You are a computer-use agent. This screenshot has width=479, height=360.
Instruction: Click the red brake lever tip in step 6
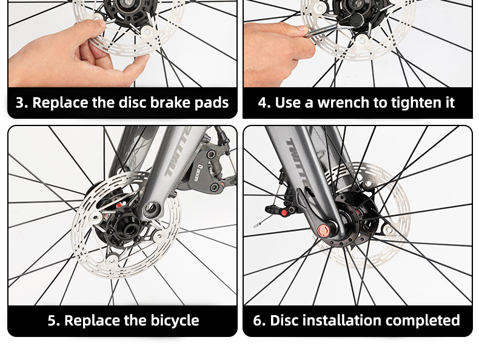point(284,213)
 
